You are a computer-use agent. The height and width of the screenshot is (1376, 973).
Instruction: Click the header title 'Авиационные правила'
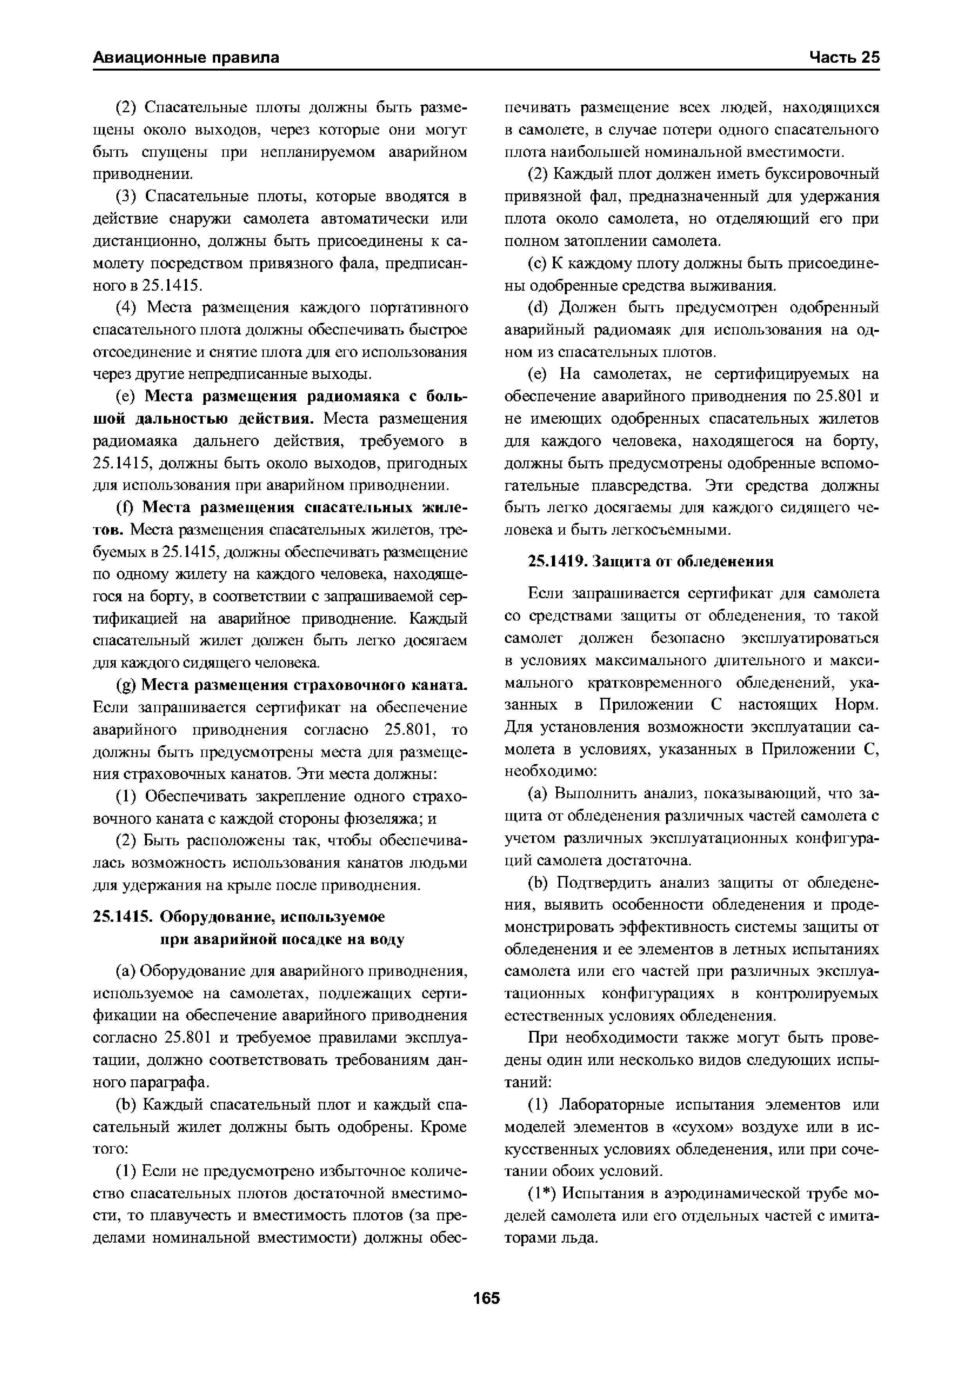point(186,58)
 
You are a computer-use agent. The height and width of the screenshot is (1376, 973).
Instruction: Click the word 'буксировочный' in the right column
point(826,175)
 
